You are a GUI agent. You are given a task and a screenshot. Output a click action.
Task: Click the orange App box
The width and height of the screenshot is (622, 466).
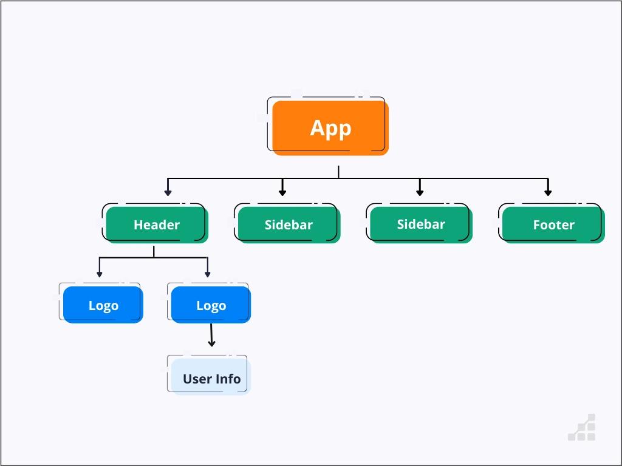(x=330, y=128)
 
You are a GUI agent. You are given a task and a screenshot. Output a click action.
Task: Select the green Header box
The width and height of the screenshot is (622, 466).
(x=157, y=225)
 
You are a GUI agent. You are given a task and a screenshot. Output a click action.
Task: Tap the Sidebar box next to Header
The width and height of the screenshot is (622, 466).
(x=289, y=225)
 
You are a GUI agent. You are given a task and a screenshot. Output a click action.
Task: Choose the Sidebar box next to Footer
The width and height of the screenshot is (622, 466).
(x=421, y=225)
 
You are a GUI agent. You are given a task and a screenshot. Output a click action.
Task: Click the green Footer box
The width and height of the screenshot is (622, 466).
(x=553, y=225)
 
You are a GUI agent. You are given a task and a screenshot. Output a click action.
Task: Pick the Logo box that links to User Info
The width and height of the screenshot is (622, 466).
(x=211, y=305)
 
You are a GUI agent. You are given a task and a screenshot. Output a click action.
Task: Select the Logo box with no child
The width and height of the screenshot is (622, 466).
(x=103, y=305)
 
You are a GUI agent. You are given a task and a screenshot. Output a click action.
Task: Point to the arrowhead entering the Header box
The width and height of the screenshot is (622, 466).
(x=168, y=192)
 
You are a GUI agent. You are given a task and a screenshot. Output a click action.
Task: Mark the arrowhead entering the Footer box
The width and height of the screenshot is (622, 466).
(x=548, y=192)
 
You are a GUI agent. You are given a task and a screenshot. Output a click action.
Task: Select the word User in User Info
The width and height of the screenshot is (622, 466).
(x=197, y=379)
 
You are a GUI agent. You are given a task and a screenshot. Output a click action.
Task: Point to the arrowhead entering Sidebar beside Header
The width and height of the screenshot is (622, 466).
(x=282, y=192)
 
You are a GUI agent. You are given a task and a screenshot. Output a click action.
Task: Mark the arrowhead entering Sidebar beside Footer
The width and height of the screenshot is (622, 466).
(x=420, y=192)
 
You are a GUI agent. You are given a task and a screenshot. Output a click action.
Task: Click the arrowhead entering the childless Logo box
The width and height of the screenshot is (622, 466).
(x=100, y=274)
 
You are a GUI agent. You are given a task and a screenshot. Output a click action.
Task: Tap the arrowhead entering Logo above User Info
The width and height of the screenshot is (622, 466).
(x=208, y=274)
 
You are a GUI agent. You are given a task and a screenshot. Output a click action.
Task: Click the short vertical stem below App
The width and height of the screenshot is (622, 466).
(x=338, y=172)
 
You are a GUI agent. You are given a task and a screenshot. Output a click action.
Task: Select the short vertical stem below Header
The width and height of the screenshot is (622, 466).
(x=154, y=251)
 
